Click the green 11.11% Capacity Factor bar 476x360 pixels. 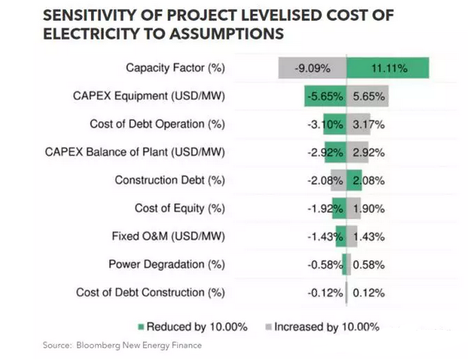click(388, 68)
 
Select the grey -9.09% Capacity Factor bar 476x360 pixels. click(313, 68)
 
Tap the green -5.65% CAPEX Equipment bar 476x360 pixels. click(325, 96)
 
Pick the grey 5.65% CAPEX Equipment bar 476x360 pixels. click(368, 96)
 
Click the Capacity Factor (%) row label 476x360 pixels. click(175, 68)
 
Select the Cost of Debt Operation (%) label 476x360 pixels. click(157, 124)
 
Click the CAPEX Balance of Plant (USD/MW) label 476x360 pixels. click(134, 152)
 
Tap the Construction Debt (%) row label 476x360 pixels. click(169, 180)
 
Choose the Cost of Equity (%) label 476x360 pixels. click(179, 208)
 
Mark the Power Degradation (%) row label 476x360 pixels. click(167, 264)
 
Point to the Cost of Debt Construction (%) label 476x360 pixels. click(150, 292)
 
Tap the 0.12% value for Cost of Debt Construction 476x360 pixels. click(369, 293)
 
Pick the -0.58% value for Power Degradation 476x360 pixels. click(325, 265)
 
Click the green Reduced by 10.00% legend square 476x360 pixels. click(141, 327)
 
